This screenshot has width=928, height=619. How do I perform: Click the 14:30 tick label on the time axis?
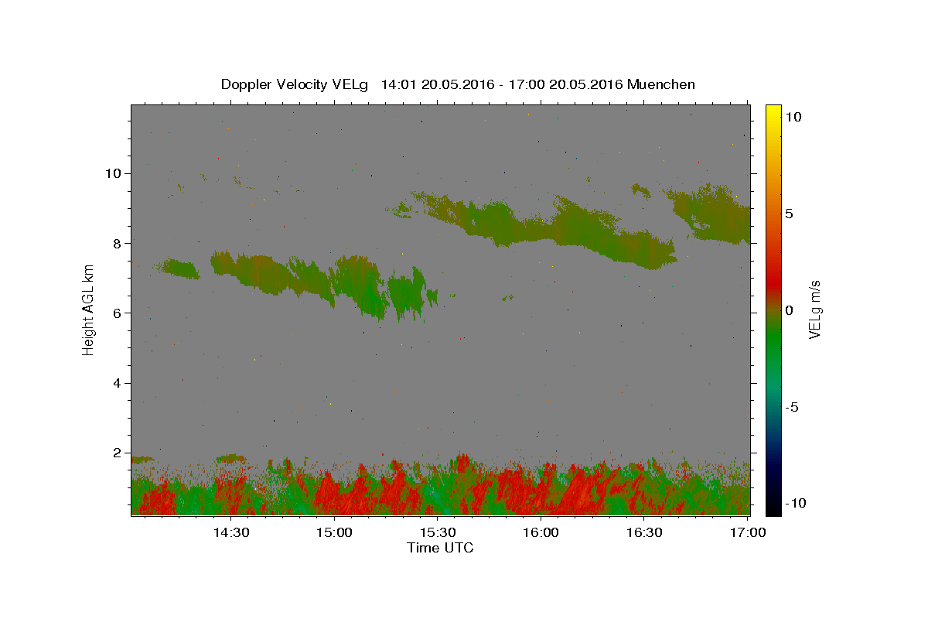[x=231, y=532]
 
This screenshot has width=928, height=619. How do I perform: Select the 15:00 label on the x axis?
[x=334, y=532]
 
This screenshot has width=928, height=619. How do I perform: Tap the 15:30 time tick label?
[x=438, y=532]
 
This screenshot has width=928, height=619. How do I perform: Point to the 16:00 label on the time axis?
[x=541, y=532]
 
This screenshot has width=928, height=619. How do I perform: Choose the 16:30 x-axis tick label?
[x=644, y=532]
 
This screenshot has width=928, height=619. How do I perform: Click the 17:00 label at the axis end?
[x=748, y=532]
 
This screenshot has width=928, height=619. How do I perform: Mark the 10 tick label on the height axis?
[x=113, y=173]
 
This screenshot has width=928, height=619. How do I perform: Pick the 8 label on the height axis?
[x=118, y=244]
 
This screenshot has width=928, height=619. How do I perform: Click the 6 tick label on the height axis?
[x=118, y=313]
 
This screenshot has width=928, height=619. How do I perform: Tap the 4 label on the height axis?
[x=118, y=383]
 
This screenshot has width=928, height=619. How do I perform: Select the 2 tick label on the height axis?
[x=118, y=453]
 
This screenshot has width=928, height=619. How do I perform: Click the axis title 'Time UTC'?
[x=440, y=548]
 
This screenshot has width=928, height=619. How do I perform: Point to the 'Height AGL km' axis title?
[x=88, y=310]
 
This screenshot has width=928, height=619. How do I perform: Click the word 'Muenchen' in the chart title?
[x=660, y=84]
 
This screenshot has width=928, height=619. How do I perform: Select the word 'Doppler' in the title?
[x=246, y=85]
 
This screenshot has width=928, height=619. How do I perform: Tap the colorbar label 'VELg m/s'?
[x=814, y=309]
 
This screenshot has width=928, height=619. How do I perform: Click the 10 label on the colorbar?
[x=793, y=117]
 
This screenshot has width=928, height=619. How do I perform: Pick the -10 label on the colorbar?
[x=796, y=504]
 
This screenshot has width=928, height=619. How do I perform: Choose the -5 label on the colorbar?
[x=792, y=407]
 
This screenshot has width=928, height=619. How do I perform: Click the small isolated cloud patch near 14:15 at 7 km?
[x=179, y=268]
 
